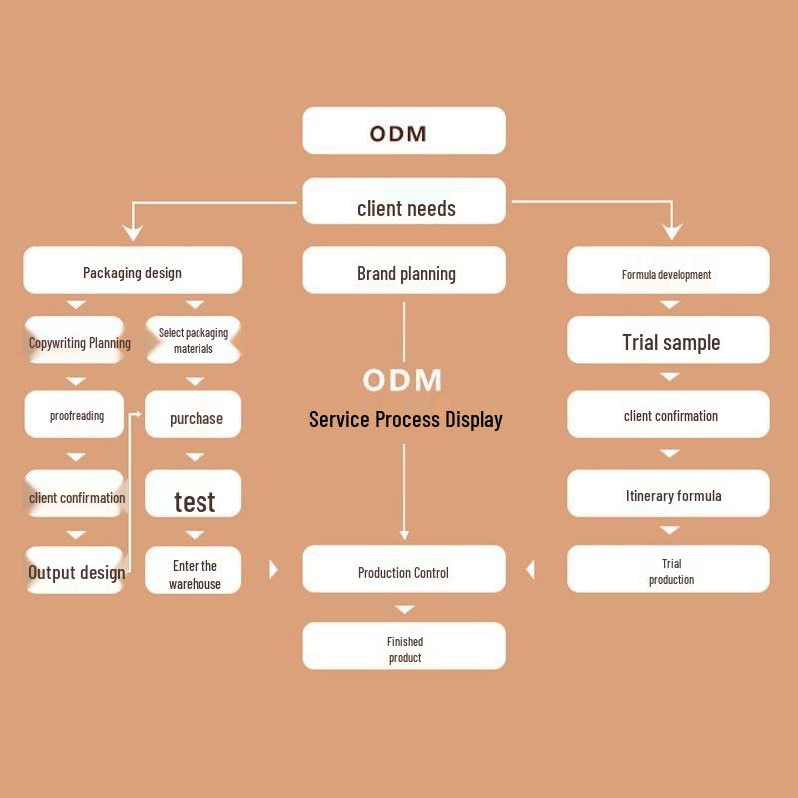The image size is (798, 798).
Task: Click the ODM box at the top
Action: [404, 131]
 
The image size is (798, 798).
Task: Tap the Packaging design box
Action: [133, 271]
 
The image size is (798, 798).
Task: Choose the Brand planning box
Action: [404, 271]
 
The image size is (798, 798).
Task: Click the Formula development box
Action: [668, 271]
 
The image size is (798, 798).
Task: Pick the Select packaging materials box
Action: [194, 341]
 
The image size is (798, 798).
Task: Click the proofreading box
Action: [76, 415]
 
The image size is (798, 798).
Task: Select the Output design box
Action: [76, 571]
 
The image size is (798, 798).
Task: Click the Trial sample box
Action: [668, 341]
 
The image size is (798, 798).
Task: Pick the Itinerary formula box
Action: [668, 494]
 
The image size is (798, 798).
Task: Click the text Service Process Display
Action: [405, 419]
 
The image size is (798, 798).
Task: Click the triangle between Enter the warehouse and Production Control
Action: [274, 569]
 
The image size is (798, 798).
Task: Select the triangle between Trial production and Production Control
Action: [530, 569]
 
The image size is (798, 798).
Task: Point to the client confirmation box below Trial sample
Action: [668, 415]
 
